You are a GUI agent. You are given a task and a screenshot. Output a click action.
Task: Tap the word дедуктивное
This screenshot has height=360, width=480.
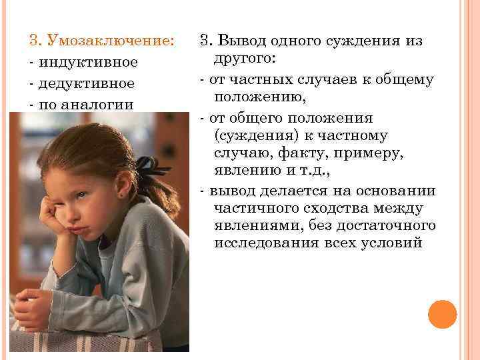pos(86,84)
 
